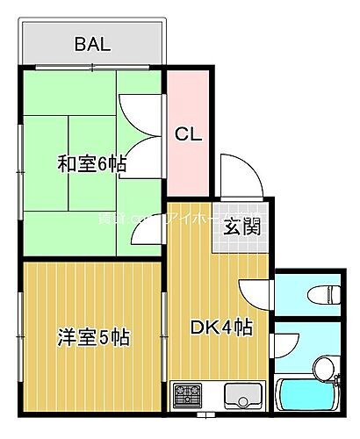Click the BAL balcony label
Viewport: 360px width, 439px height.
(92, 45)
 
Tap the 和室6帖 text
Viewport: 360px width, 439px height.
(93, 164)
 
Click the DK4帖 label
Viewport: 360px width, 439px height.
(222, 327)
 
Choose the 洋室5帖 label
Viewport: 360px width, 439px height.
(93, 336)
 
